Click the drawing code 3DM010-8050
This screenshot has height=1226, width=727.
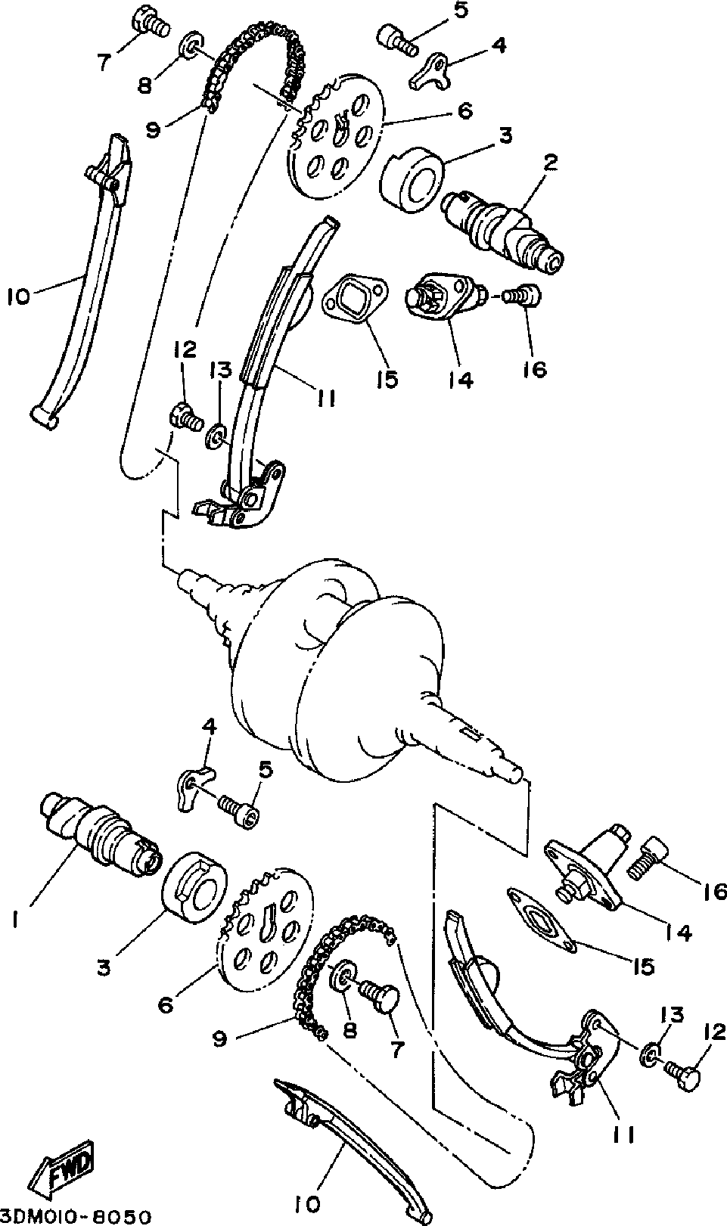(76, 1216)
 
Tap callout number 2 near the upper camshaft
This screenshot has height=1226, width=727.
(551, 161)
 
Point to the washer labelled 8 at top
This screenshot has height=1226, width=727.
(189, 46)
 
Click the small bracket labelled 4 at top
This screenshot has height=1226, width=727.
(430, 70)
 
